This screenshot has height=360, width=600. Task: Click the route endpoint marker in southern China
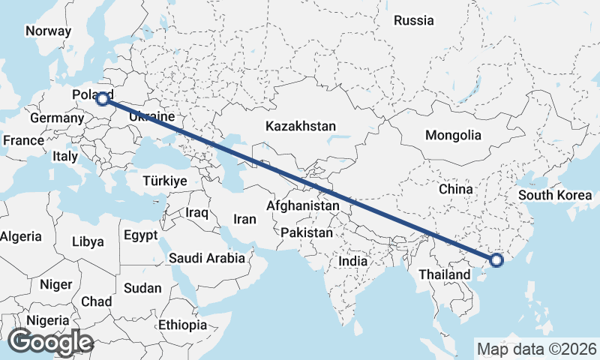[496, 260]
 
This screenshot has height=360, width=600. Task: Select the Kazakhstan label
[300, 126]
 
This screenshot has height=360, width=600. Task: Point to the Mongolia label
[452, 136]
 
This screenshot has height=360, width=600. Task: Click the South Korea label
[555, 195]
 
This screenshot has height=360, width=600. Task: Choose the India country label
[352, 261]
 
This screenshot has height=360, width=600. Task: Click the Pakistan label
[307, 232]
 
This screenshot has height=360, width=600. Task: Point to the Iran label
[245, 219]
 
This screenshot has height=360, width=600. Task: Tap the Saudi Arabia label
[207, 258]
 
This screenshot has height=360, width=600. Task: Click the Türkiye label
[166, 181]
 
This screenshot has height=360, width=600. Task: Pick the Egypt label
[141, 235]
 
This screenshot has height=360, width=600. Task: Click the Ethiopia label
[182, 325]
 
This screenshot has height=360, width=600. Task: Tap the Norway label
[48, 31]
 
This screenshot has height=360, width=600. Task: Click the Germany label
[57, 118]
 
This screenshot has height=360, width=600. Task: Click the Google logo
[50, 342]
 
